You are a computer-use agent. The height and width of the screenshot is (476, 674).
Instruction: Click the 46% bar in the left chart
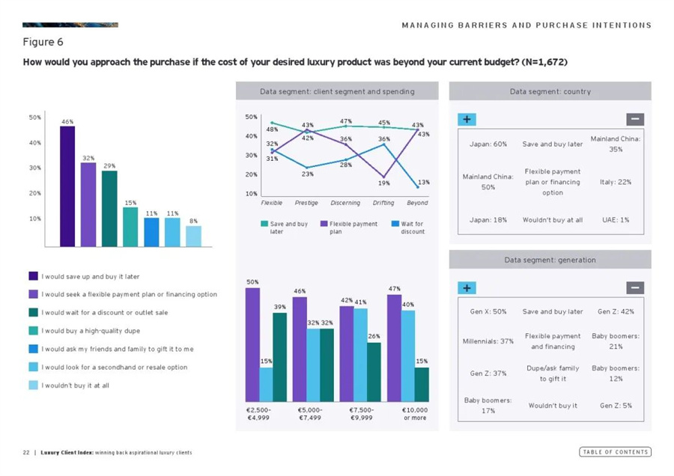[x=67, y=186]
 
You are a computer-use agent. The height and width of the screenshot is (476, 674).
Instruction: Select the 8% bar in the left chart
[x=193, y=236]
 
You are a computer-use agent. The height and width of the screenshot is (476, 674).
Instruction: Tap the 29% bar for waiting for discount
[x=109, y=208]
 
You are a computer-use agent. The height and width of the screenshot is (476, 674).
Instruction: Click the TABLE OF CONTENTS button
[x=615, y=452]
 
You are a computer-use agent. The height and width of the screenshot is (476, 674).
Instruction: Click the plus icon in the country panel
[x=466, y=119]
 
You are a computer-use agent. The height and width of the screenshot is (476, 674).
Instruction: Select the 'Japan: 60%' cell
[x=488, y=144]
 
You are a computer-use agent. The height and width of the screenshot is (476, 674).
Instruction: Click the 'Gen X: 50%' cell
[x=488, y=311]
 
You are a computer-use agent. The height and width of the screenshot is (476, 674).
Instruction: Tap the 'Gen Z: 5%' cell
[x=616, y=406]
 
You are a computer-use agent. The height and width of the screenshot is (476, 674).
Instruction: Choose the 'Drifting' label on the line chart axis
[x=383, y=203]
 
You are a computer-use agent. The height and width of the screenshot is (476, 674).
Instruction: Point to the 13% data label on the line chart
[x=424, y=182]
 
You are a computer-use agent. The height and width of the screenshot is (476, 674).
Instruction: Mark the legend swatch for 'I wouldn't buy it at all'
[x=32, y=385]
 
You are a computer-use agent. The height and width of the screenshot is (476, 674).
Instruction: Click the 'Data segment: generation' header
[x=550, y=260]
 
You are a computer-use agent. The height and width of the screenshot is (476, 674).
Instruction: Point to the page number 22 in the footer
[x=25, y=452]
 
